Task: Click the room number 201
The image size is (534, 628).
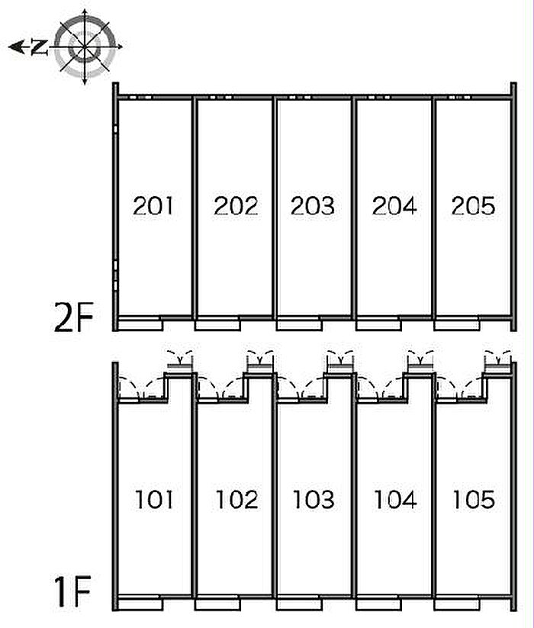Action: point(153,205)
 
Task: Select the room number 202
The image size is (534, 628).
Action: point(236,205)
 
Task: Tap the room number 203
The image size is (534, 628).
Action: point(313,205)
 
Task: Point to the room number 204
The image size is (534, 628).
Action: point(394,205)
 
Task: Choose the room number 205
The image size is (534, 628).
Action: point(473,205)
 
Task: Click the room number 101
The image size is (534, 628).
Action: point(153,500)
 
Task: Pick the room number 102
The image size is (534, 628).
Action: point(236,500)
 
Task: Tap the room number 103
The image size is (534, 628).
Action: point(313,500)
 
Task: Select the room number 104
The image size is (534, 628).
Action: point(394,500)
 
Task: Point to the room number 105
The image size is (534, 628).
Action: point(473,500)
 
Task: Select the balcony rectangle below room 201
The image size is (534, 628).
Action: point(142,324)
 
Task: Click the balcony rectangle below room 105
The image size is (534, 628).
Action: point(455,603)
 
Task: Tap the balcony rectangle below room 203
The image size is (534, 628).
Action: point(298,324)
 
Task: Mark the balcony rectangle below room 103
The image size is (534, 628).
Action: point(298,603)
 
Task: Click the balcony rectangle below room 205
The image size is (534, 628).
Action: point(455,324)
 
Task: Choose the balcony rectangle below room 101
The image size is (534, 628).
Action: point(142,603)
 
